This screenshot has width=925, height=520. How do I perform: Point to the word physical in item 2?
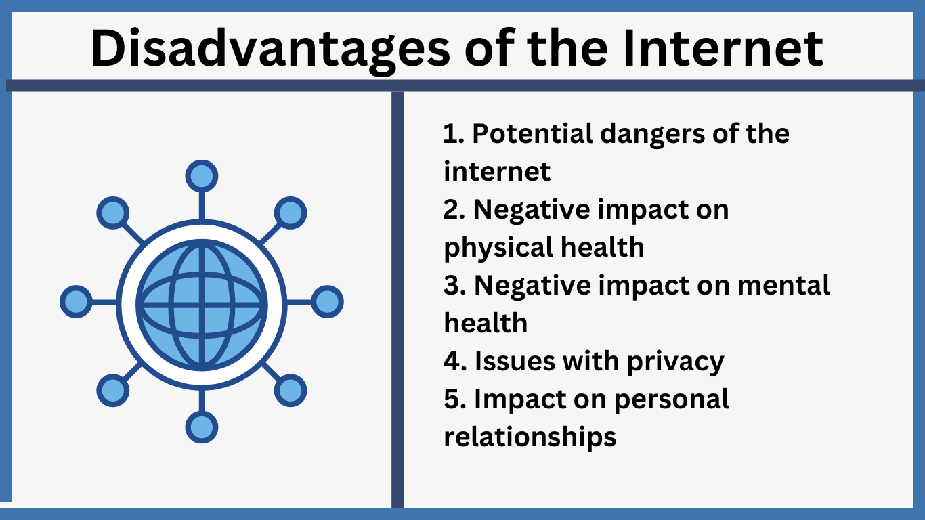point(488,248)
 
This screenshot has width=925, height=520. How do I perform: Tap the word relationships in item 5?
point(530,437)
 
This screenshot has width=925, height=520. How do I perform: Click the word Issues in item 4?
point(513,362)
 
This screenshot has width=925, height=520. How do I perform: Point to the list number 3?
point(452,286)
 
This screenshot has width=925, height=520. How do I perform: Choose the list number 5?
point(452,399)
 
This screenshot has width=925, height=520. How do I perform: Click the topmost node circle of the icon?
point(202,177)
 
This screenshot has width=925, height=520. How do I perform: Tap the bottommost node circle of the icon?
point(202,427)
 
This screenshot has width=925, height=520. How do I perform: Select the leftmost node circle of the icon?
point(76,302)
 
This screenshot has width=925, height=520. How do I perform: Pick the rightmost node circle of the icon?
point(327,302)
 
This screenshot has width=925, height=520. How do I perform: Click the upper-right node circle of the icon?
point(290,213)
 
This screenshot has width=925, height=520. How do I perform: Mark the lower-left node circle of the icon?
point(113,391)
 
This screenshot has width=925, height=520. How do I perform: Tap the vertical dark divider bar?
point(397,298)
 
